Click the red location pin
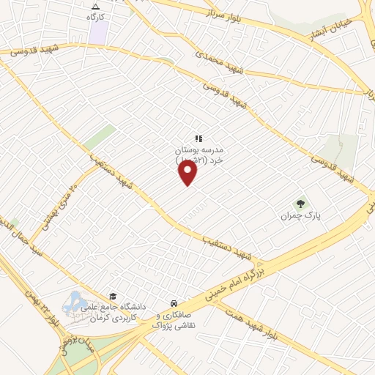coord(188,173)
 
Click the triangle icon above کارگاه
coord(96,6)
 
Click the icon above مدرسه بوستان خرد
coord(197,138)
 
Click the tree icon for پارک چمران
coord(299,203)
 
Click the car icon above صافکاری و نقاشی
coord(173,303)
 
